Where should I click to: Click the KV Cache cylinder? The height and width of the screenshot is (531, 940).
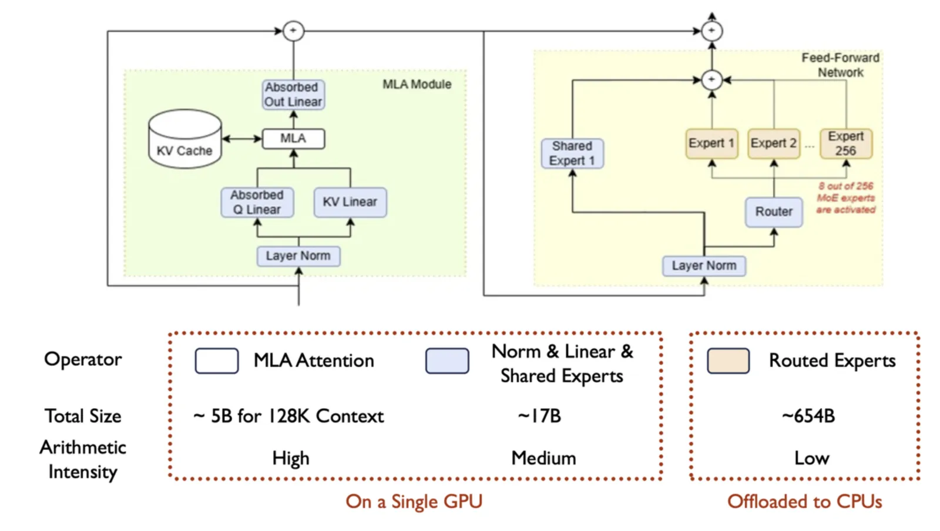tap(185, 139)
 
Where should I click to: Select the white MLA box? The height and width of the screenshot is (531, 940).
tap(293, 139)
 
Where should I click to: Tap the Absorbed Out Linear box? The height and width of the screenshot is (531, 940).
tap(293, 95)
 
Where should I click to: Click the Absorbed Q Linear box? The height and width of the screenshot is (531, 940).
tap(257, 202)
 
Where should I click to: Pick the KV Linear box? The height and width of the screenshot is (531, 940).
tap(350, 202)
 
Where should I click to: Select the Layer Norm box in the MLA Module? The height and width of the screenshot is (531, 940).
tap(298, 256)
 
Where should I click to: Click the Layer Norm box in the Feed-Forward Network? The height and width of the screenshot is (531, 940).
tap(704, 266)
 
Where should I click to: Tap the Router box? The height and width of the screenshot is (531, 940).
tap(774, 212)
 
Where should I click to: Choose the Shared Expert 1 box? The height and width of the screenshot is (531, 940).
tap(572, 153)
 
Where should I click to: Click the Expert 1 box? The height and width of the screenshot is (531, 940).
tap(711, 143)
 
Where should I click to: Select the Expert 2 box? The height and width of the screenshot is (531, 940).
tap(773, 143)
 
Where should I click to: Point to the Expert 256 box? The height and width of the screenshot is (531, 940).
tap(846, 143)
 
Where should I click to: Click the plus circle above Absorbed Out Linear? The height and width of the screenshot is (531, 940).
tap(293, 31)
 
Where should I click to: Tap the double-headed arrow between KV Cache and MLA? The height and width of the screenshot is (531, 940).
tap(242, 139)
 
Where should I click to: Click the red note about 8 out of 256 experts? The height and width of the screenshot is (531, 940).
tap(845, 198)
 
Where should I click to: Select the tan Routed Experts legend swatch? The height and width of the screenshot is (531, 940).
tap(728, 361)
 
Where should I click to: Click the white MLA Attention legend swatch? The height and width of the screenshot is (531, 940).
tap(217, 361)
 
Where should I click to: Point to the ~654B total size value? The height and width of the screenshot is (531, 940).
tap(808, 416)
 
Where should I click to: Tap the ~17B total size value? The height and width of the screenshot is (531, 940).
tap(539, 416)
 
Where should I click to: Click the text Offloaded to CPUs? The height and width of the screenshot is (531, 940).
tap(804, 502)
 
